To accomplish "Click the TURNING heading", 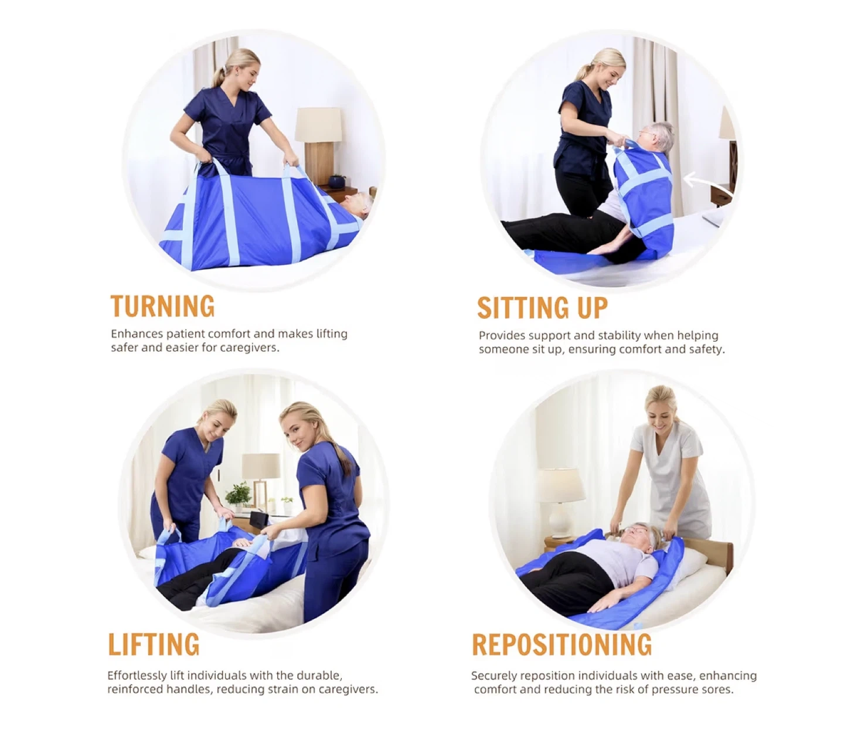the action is pos(162,306).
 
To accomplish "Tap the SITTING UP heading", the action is pos(542,308).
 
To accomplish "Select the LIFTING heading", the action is pos(154,644).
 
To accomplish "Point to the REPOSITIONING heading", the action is pos(561,644).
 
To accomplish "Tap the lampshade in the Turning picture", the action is pos(318,125).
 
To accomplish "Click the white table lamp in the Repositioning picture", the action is pos(560,502).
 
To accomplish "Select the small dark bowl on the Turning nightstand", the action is pos(336,181).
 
